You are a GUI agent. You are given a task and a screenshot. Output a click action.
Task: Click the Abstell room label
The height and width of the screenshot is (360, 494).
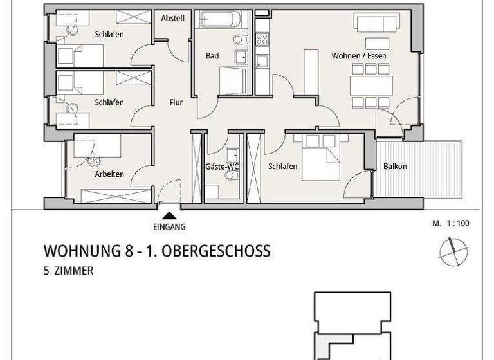[173, 19]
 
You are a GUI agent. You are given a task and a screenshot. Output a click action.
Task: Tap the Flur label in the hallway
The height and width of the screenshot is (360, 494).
[176, 102]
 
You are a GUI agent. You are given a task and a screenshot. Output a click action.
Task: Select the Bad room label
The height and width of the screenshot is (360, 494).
[212, 56]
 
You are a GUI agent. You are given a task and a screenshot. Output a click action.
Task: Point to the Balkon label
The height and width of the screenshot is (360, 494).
[395, 166]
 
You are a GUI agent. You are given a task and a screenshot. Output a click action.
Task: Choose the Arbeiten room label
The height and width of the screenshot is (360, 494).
[109, 174]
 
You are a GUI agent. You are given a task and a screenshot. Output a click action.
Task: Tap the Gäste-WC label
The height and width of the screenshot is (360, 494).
[222, 166]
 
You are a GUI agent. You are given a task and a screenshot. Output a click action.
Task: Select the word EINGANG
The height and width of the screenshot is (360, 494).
[169, 226]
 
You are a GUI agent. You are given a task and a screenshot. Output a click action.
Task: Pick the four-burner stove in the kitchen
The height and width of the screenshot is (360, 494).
[262, 39]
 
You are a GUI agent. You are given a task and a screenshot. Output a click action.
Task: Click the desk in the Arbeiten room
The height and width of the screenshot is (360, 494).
[96, 147]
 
